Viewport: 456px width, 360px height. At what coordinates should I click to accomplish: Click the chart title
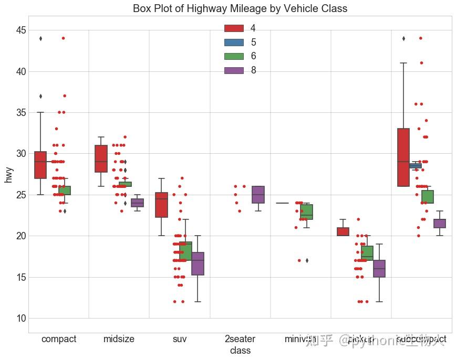tap(240, 8)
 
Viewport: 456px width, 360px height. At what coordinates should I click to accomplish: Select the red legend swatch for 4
tap(234, 28)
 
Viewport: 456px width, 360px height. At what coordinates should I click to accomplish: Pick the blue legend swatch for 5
tap(234, 43)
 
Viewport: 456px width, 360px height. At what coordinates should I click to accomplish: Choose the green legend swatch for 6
tap(234, 56)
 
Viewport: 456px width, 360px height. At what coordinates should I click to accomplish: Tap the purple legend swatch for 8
tap(234, 70)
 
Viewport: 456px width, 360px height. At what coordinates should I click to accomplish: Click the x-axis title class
tap(240, 350)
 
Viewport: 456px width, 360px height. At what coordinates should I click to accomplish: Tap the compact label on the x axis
tap(59, 339)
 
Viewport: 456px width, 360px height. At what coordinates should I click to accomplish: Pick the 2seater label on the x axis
tap(240, 339)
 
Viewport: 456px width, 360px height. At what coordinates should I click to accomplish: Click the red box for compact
tap(40, 165)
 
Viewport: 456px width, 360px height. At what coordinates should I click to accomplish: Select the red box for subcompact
tap(403, 157)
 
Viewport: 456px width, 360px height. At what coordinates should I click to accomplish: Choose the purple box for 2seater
tap(258, 195)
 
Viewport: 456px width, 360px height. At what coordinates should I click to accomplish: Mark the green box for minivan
tap(306, 212)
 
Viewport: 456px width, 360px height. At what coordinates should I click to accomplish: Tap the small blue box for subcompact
tap(416, 166)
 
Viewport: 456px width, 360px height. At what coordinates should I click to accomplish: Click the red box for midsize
tap(101, 158)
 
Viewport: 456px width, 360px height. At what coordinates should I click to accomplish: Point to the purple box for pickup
tap(379, 269)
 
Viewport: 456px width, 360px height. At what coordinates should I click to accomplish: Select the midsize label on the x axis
tap(119, 339)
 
